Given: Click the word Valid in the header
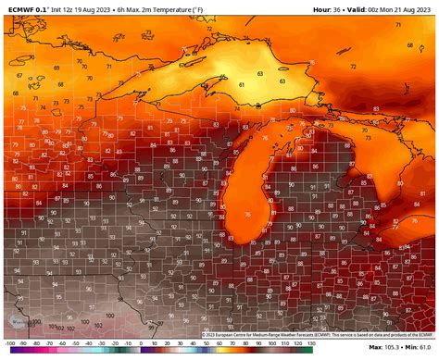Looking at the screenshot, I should pyautogui.click(x=359, y=9).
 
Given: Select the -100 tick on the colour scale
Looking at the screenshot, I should pyautogui.click(x=8, y=354).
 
